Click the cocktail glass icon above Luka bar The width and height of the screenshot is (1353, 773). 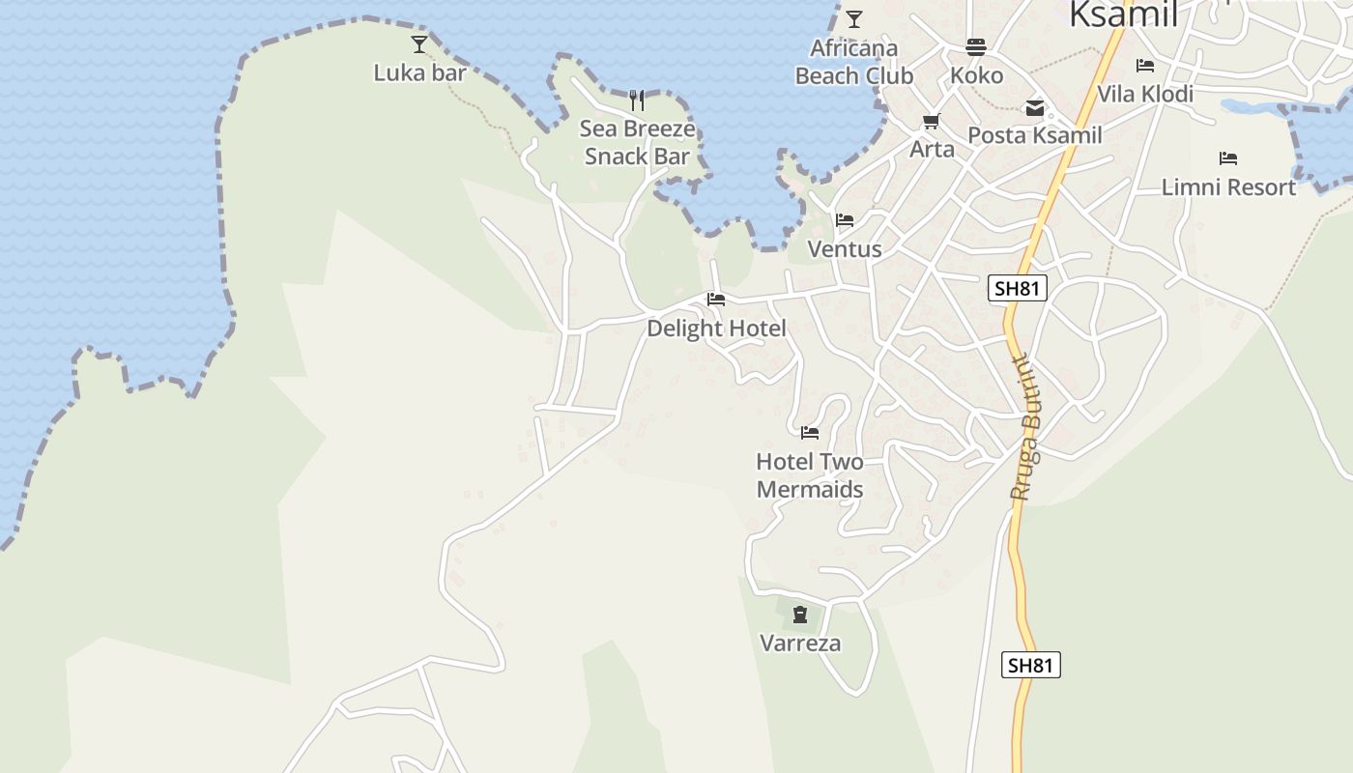[419, 43]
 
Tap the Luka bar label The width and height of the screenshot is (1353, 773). [419, 72]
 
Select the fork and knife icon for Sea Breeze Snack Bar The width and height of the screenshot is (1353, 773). [637, 100]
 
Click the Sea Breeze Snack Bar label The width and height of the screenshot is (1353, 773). [637, 142]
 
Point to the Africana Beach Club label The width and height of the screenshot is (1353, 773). [853, 62]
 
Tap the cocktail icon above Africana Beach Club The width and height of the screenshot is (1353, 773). [853, 18]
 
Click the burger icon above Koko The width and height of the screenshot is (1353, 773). [976, 46]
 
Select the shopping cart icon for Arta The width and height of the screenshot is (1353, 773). [932, 121]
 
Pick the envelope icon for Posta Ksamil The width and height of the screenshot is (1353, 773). [1035, 107]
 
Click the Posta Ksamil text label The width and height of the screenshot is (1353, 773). [1035, 135]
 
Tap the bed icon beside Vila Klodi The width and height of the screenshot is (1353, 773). [1145, 66]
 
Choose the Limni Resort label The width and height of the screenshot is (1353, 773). [1228, 186]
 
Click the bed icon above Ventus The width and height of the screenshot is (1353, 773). [845, 220]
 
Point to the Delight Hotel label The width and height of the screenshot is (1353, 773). [716, 329]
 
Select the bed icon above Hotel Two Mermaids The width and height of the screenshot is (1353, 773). [810, 432]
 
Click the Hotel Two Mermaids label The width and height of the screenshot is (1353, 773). [810, 475]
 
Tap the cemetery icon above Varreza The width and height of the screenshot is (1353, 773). [800, 615]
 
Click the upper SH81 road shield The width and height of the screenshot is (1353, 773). [1019, 288]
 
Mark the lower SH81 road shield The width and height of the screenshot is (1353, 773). [1030, 665]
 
